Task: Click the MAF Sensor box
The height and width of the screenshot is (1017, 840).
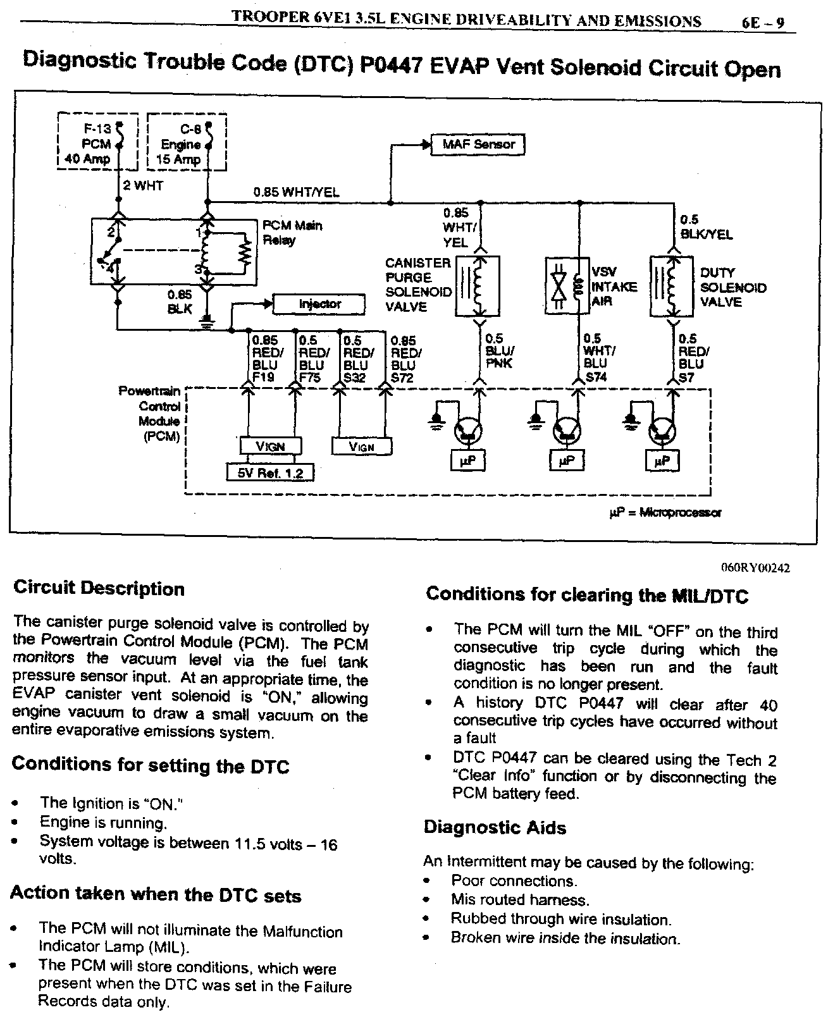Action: click(478, 145)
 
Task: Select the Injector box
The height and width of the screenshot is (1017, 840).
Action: click(319, 304)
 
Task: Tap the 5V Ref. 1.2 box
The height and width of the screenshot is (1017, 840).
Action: click(270, 472)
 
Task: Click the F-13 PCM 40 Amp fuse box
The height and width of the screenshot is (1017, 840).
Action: click(97, 143)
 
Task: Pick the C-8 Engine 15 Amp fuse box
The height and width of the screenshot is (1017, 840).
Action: click(187, 143)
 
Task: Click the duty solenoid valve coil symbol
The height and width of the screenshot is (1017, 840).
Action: click(672, 286)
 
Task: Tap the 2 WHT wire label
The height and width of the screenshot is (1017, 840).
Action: click(143, 186)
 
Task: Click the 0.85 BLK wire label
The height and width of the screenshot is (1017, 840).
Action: click(179, 302)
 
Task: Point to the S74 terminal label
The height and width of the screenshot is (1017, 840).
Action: click(596, 377)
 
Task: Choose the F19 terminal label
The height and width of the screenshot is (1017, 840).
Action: click(262, 378)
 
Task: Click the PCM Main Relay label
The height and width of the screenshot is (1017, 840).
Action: click(292, 232)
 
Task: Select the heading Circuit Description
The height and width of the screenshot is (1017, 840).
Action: click(99, 589)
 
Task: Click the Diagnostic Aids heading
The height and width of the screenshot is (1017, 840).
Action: click(495, 828)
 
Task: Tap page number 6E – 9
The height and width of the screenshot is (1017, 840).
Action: click(763, 23)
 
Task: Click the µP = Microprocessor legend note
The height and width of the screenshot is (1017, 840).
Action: click(665, 512)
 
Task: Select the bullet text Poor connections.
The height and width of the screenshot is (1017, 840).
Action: click(514, 881)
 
